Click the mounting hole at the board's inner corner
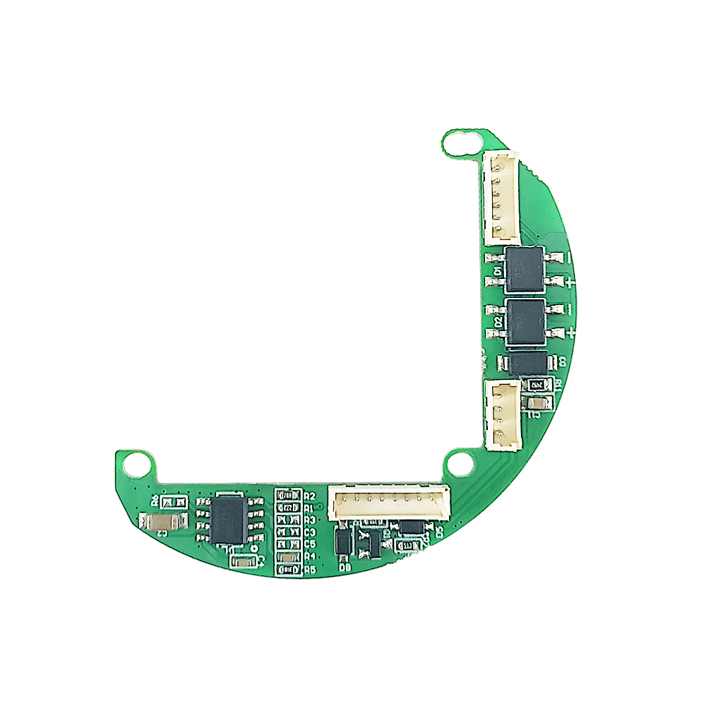point(461,464)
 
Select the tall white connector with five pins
point(501,198)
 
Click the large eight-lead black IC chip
point(228,520)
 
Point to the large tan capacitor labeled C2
point(164,522)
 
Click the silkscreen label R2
point(309,496)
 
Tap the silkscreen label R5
point(309,569)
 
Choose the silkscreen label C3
point(309,532)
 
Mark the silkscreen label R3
point(309,520)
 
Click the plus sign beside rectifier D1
point(570,282)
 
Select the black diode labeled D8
point(342,542)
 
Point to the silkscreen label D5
point(439,532)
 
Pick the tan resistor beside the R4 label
point(287,557)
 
